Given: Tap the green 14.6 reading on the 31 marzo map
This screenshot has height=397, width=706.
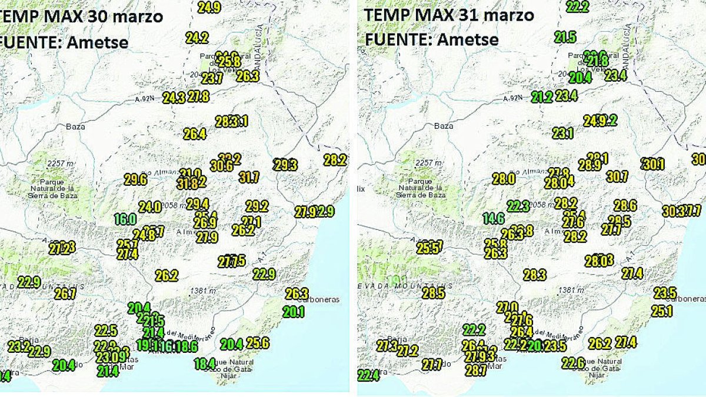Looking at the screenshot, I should click(x=494, y=219).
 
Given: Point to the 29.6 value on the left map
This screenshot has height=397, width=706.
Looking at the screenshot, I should click(x=135, y=180).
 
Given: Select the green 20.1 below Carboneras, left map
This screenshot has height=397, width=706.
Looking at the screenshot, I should click(x=293, y=312).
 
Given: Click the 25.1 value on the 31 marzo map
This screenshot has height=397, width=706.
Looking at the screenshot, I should click(x=661, y=312).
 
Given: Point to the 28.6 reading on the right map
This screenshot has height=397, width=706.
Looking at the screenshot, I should click(x=625, y=205).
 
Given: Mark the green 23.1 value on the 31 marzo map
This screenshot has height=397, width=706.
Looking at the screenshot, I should click(x=562, y=134).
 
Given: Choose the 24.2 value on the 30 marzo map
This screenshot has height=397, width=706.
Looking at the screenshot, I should click(x=197, y=38).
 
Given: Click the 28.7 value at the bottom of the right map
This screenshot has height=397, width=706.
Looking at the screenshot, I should click(x=475, y=371).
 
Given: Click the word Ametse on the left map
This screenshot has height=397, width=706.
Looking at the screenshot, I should click(x=97, y=42).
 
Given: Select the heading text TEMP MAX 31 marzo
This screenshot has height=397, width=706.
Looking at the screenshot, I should click(x=449, y=15).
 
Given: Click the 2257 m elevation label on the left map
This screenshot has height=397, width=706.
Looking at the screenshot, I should click(x=49, y=163).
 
